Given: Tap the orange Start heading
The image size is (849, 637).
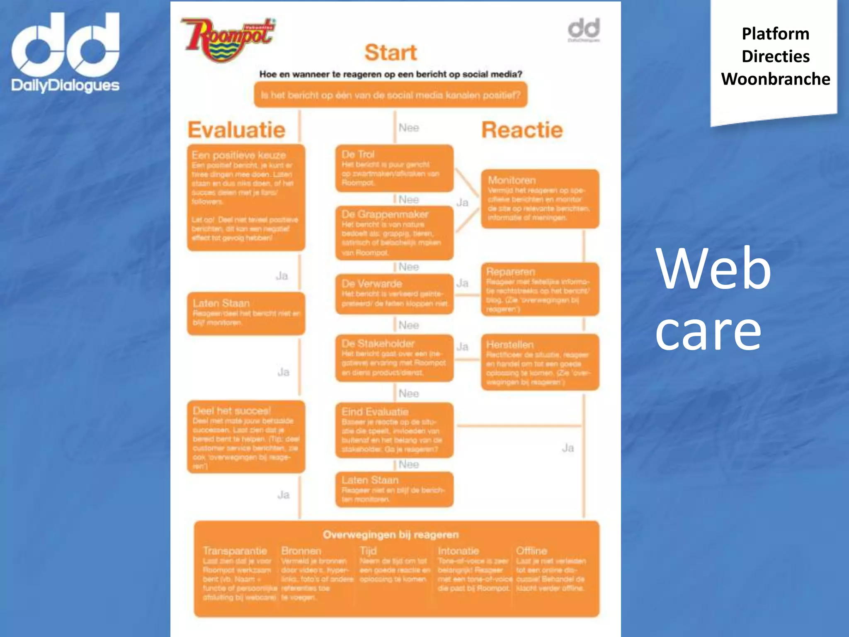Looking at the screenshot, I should pos(391,53).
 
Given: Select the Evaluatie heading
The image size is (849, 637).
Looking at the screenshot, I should pos(236,130).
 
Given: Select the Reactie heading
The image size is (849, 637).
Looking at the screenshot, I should pos(522,130).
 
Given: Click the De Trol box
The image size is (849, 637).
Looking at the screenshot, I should pos(394,168).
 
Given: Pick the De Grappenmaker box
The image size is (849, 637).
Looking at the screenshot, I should pos(394,233).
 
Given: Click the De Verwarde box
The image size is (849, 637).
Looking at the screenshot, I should pos(394,294).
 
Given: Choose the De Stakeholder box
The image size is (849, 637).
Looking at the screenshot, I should pos(394,357).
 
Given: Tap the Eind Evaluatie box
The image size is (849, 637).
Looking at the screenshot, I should pos(394,430).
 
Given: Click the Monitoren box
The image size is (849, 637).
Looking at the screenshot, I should pos(540,198).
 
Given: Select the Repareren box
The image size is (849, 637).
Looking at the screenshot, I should pos(540,289).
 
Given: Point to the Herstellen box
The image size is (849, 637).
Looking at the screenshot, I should pos(540,362).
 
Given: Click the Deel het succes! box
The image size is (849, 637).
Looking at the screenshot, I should pos(246,437).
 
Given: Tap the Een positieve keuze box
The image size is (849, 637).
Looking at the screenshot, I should pos(246,197).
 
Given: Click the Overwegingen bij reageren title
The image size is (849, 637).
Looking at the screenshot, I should pos(391,535).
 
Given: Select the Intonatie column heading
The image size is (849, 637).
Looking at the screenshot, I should pos(458,551).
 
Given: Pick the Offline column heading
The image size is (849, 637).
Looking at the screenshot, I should pos(531,551).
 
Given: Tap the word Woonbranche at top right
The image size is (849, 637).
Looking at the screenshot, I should pos(775,79).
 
